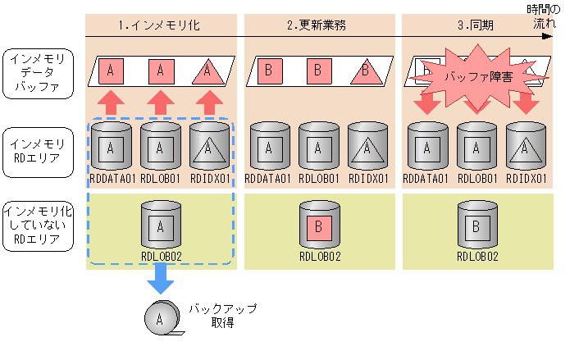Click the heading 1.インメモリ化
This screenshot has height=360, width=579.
coord(161,25)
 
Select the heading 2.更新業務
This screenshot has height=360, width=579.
coord(317,25)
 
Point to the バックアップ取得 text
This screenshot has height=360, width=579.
coord(222,316)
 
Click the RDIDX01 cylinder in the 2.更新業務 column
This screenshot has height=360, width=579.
coord(367,148)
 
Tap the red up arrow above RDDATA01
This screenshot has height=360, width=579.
coord(112,103)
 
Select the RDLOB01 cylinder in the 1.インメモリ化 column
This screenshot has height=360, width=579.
coord(161,148)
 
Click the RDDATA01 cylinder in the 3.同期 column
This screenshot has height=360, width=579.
coord(426,148)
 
